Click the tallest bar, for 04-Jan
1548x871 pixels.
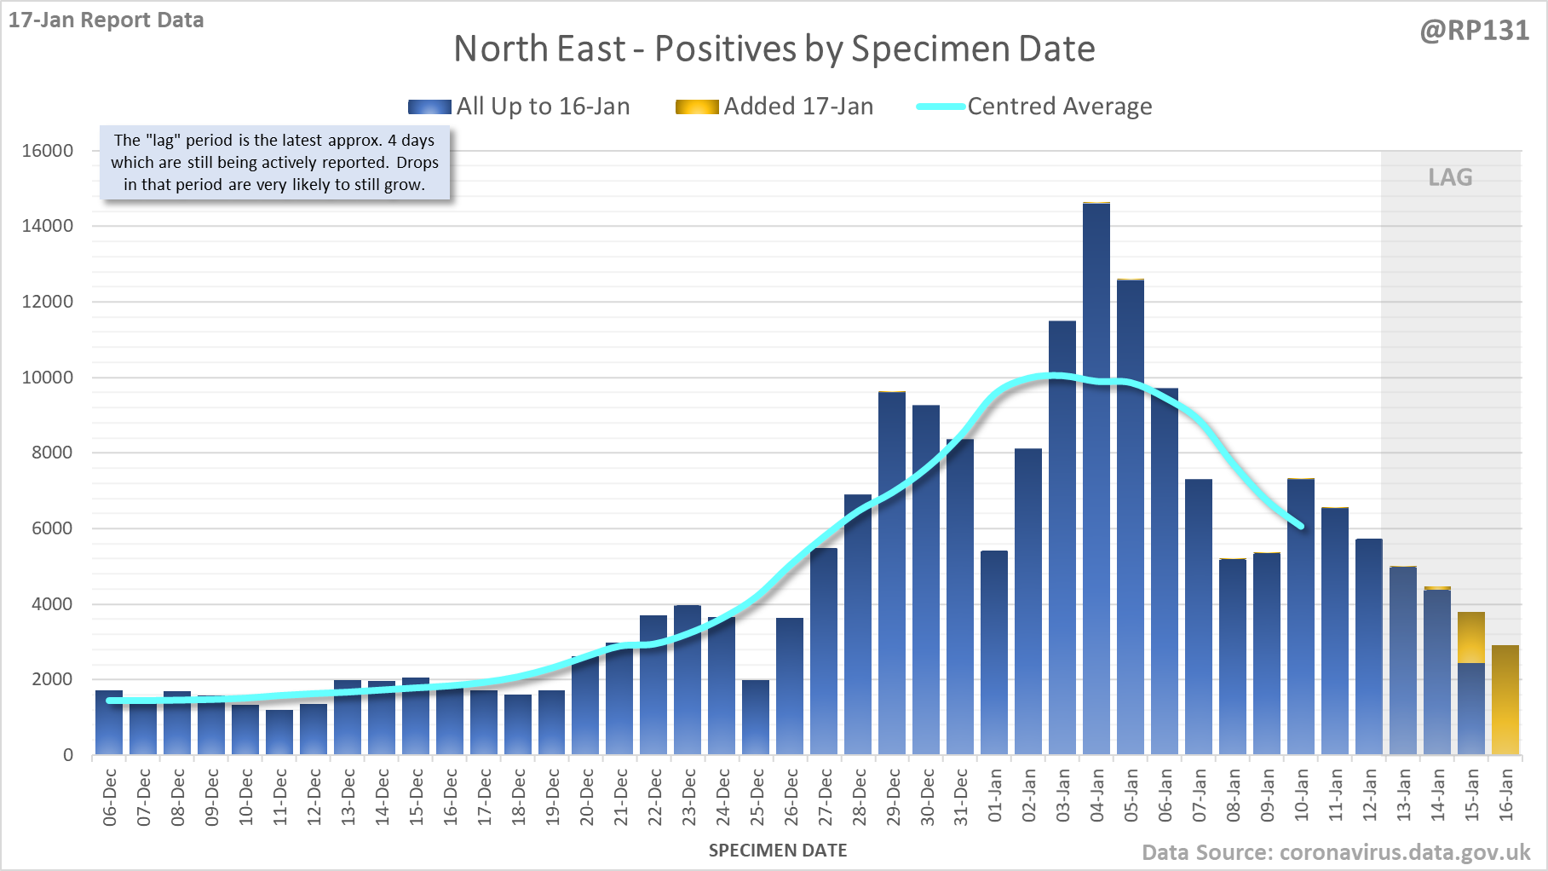tap(1096, 477)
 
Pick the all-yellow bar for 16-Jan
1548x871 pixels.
tap(1505, 700)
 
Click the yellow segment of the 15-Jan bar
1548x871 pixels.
tap(1471, 637)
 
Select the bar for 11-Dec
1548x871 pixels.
tap(279, 732)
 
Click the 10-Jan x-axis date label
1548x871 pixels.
tap(1302, 795)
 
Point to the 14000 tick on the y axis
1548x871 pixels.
tap(48, 226)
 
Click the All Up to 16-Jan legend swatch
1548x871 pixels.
tap(429, 107)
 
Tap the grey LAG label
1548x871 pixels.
tap(1450, 177)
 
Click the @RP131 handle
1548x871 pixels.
tap(1475, 31)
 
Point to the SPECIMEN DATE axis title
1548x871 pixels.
tap(778, 851)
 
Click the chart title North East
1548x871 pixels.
tap(774, 49)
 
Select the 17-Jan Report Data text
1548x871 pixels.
tap(106, 20)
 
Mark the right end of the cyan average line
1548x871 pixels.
tap(1301, 526)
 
